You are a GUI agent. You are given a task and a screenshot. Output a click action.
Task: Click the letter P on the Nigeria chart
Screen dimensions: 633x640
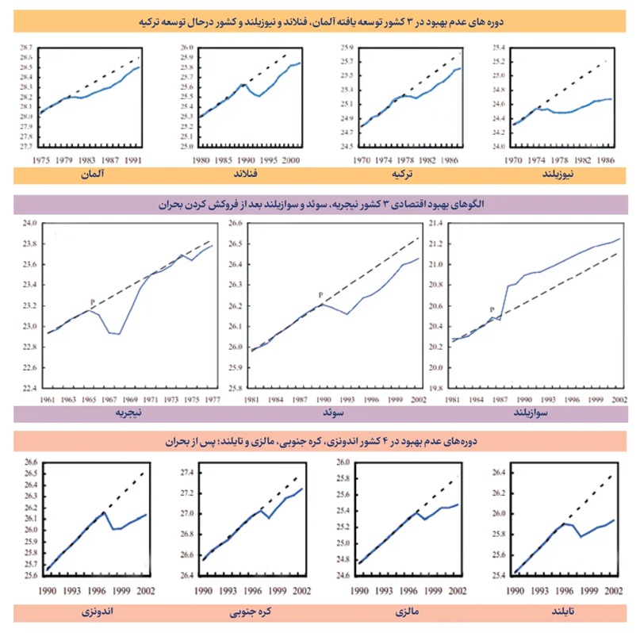(x=93, y=301)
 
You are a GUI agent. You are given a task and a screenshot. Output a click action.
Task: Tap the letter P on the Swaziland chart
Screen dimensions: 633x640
(x=492, y=310)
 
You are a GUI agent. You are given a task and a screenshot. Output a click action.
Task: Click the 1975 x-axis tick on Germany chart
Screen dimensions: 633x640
(x=42, y=159)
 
